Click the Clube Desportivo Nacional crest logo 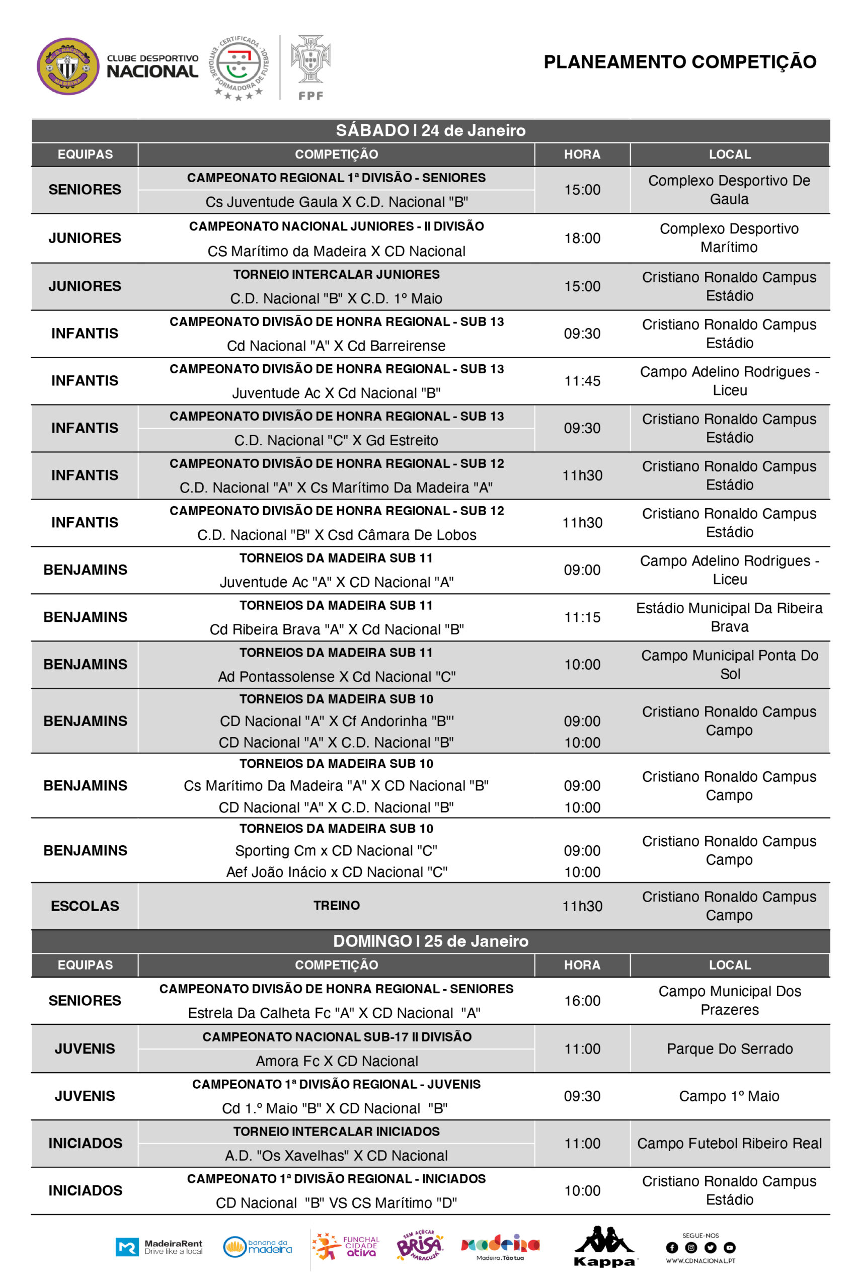(x=68, y=66)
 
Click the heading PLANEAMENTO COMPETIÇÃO (x=680, y=62)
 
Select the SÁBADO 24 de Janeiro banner (x=430, y=130)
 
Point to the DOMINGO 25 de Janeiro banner (x=430, y=941)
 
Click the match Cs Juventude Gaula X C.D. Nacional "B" (x=336, y=202)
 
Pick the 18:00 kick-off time (x=582, y=238)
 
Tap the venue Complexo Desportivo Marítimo (x=729, y=238)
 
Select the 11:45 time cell (x=582, y=380)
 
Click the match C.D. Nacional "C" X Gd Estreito (x=336, y=440)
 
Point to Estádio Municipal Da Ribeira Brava (x=729, y=617)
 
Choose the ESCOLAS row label (x=85, y=906)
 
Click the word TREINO (x=336, y=906)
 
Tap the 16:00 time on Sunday (x=582, y=1000)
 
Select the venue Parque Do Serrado (x=729, y=1049)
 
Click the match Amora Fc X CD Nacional (x=336, y=1061)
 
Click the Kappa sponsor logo (x=604, y=1247)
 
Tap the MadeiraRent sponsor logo (x=159, y=1247)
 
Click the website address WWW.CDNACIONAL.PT (x=701, y=1261)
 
